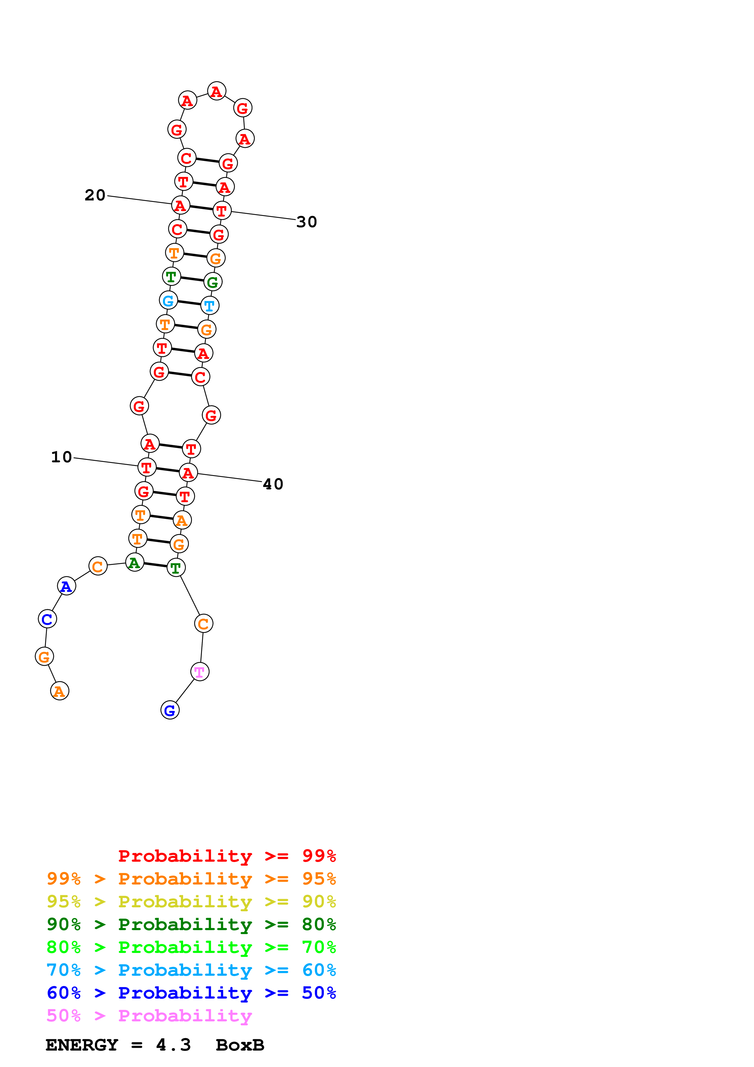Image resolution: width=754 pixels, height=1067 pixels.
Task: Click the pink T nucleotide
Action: [x=200, y=672]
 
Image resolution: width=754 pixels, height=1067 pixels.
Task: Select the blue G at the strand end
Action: [x=170, y=710]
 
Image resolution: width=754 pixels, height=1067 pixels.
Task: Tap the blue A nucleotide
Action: [x=66, y=586]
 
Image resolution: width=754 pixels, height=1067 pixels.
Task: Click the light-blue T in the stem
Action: [x=210, y=306]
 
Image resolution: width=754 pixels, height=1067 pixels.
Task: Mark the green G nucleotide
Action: [x=213, y=282]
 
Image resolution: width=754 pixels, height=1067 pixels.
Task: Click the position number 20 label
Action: [x=95, y=195]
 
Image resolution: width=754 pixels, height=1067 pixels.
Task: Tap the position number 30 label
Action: [x=307, y=222]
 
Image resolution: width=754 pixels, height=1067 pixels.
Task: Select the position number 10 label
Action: [x=61, y=457]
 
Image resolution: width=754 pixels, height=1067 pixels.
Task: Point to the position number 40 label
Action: [x=273, y=484]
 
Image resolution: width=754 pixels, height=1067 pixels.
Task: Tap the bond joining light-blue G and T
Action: [x=189, y=303]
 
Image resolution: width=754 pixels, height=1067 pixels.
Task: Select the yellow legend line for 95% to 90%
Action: [x=191, y=901]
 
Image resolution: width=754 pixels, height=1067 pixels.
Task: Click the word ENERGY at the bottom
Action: [x=82, y=1045]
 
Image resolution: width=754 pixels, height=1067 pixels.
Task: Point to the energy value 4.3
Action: [x=173, y=1045]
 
